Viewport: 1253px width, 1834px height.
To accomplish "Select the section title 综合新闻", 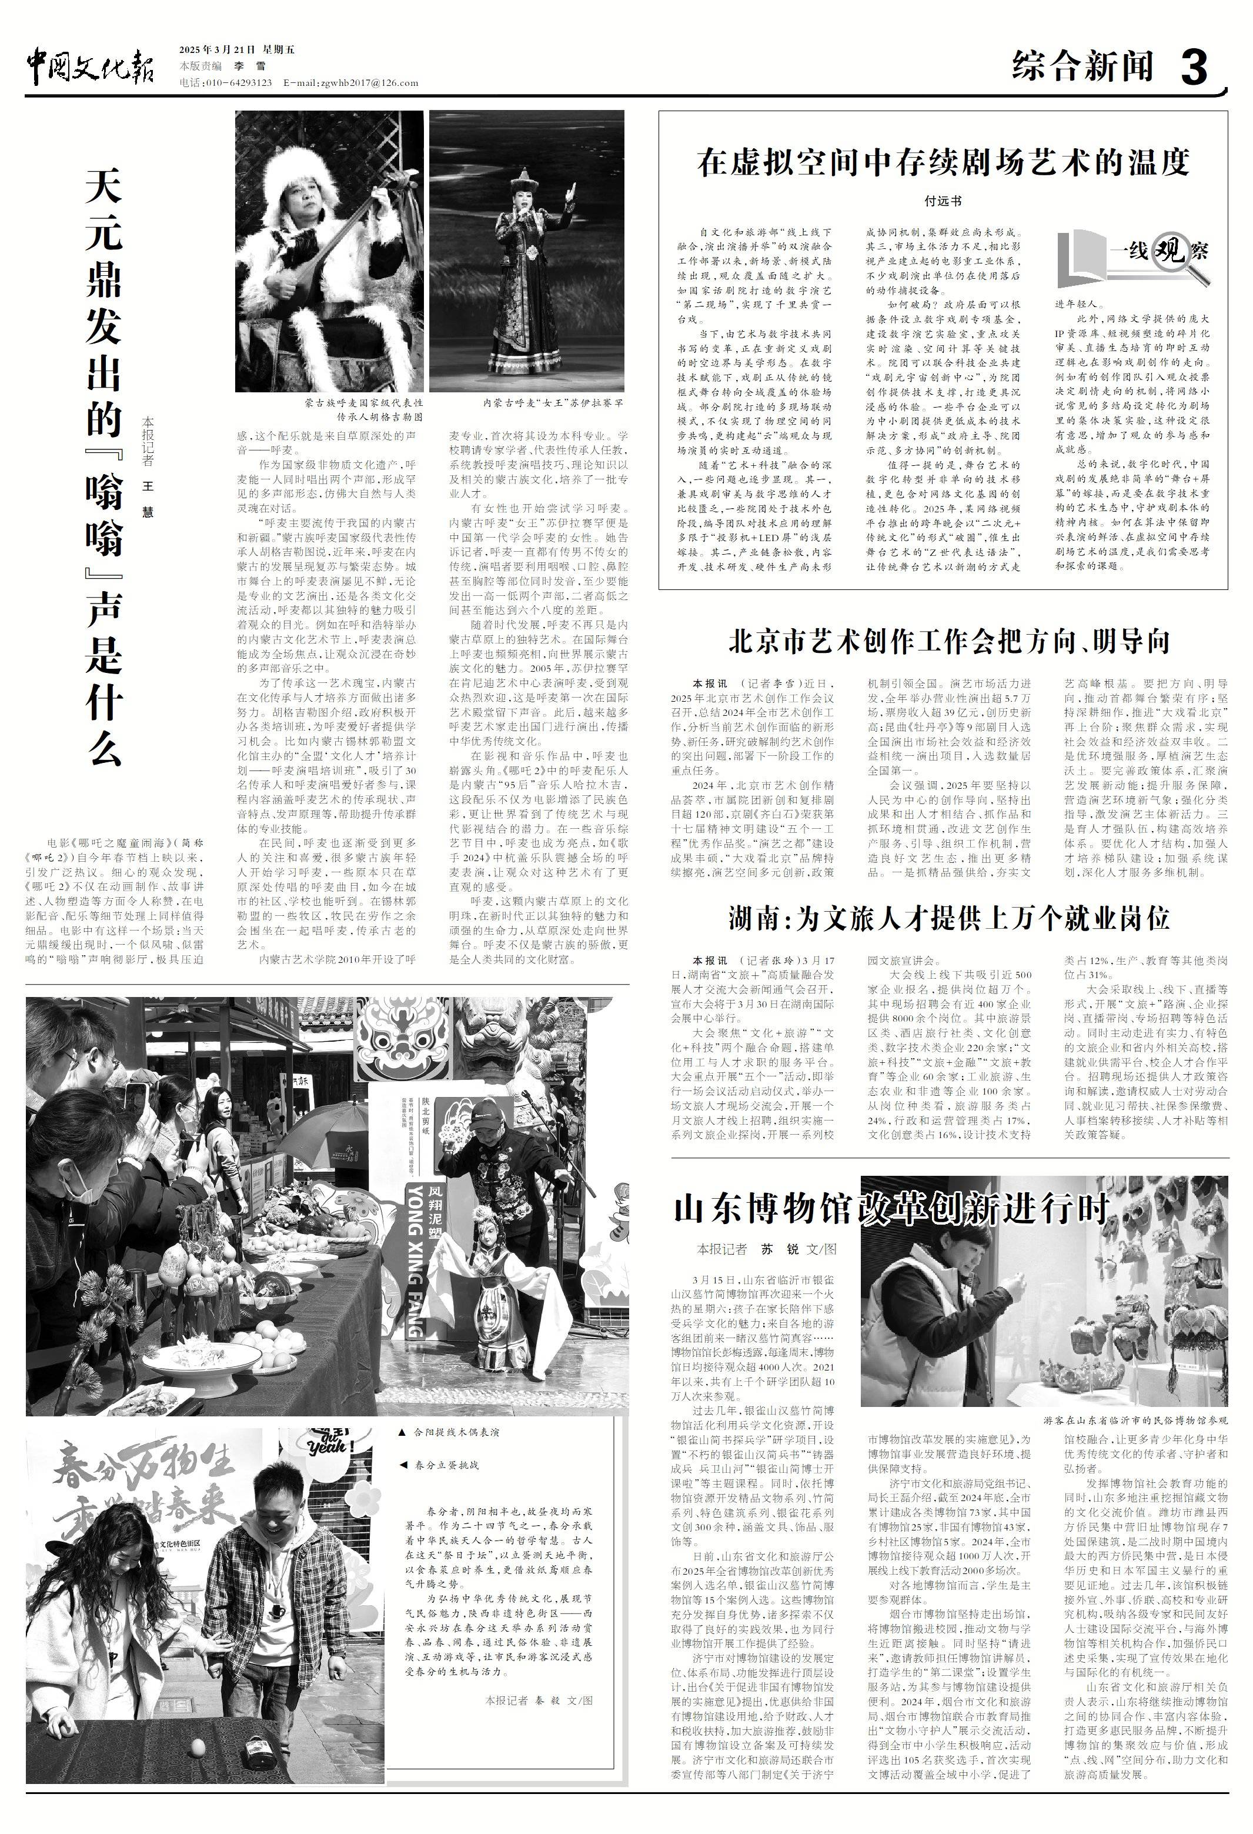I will coord(1082,67).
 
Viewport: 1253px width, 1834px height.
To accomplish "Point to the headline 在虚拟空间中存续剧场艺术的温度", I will coord(943,162).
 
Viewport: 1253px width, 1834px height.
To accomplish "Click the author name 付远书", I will coord(943,201).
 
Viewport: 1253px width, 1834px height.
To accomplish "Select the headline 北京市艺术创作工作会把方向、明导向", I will coord(948,642).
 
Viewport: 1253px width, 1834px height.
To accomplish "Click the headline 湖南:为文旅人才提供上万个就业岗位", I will coord(948,918).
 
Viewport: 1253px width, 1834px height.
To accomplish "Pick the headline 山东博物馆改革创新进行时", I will coord(891,1209).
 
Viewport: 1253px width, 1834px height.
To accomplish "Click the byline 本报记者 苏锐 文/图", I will coord(766,1249).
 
